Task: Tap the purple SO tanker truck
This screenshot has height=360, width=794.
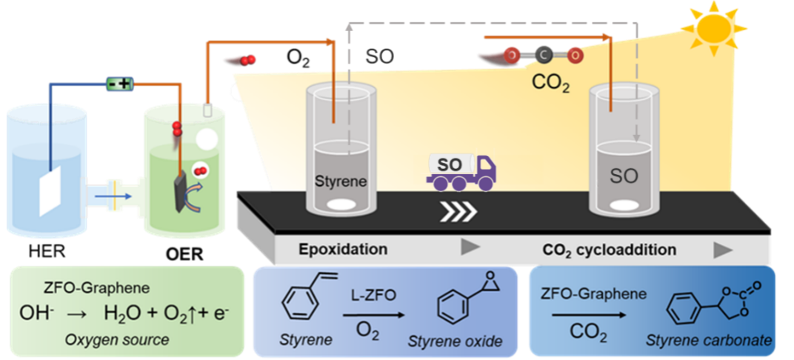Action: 461,170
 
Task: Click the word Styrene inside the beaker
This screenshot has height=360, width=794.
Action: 338,181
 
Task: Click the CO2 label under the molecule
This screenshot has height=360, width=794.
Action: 551,81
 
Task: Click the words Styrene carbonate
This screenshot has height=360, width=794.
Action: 709,341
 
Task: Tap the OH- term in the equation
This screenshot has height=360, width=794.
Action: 33,313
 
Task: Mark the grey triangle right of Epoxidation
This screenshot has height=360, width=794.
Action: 470,248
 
